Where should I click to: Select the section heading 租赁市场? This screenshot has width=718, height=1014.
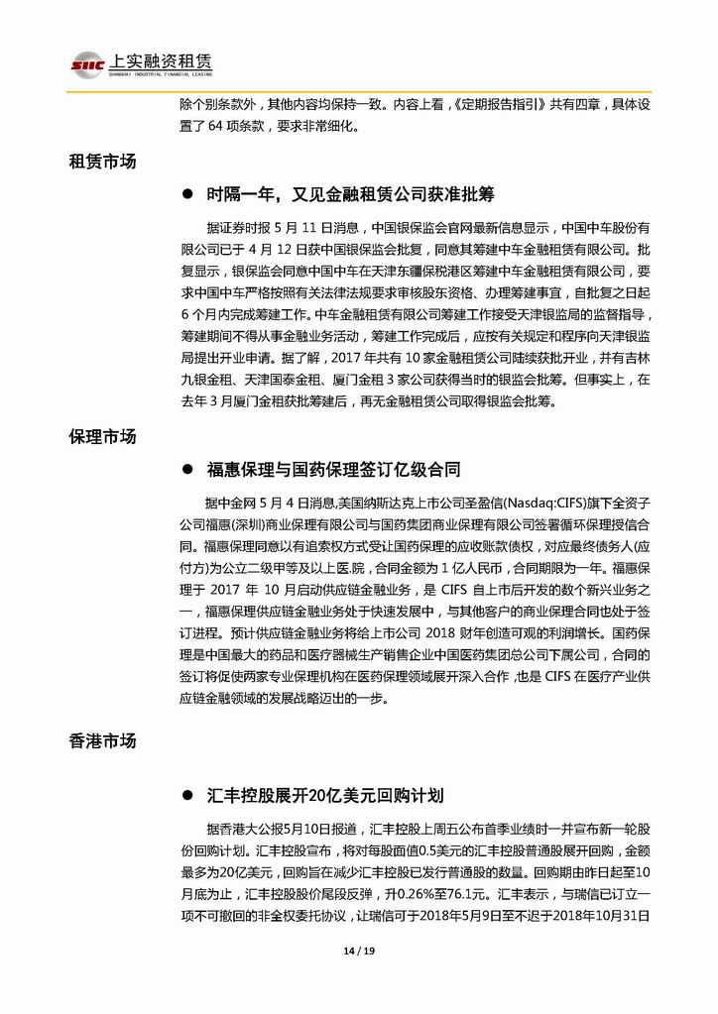tap(102, 162)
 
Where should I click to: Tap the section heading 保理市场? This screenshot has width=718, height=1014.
tap(102, 436)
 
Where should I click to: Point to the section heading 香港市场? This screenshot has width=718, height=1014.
tap(102, 739)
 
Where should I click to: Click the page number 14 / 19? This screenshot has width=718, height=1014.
tap(358, 952)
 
